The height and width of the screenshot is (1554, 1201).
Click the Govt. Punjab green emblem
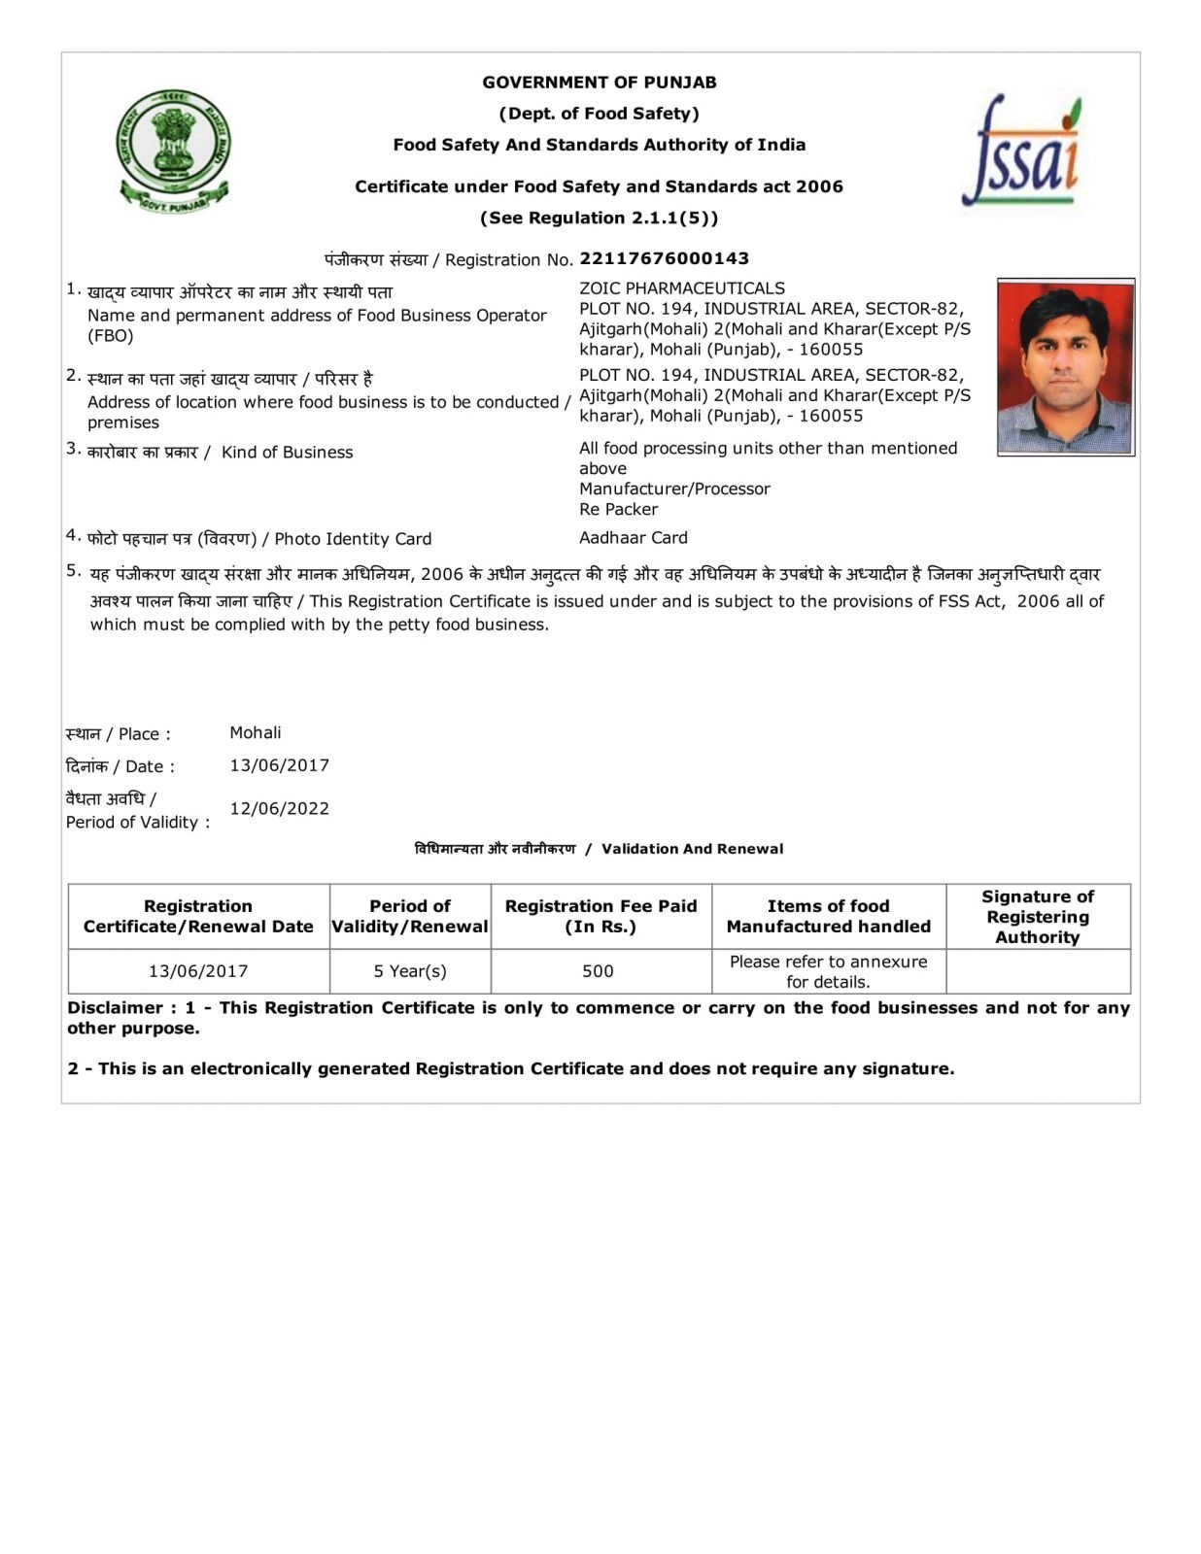click(x=174, y=151)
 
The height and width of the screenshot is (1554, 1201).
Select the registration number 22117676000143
click(x=664, y=258)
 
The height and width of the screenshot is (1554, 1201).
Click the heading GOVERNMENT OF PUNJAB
click(x=599, y=83)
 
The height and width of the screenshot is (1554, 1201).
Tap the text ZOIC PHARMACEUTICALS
click(x=681, y=288)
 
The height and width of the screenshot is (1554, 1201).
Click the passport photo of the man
click(x=1065, y=367)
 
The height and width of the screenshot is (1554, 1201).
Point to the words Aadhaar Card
click(x=633, y=537)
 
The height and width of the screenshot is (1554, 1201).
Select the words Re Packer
click(x=618, y=509)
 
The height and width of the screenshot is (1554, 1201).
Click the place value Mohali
click(x=255, y=732)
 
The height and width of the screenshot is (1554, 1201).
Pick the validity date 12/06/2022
click(x=279, y=808)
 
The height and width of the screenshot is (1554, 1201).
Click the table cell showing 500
click(x=598, y=970)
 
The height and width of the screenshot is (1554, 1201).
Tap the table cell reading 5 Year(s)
click(x=410, y=970)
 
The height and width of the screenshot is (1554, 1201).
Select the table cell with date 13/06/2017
click(x=198, y=970)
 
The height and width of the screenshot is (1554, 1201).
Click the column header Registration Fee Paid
click(x=600, y=916)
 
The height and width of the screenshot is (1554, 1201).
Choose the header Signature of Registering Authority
click(x=1037, y=916)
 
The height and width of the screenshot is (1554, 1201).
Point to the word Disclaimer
click(x=115, y=1007)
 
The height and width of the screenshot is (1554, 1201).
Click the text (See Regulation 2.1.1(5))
click(x=599, y=218)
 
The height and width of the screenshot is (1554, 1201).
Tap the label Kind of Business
click(x=287, y=452)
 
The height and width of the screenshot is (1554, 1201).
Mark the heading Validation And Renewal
click(x=692, y=849)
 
